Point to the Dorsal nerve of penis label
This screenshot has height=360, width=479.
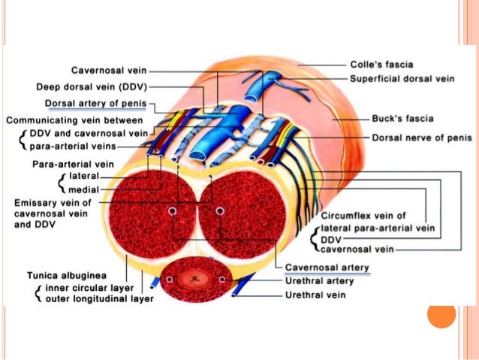[x=415, y=138]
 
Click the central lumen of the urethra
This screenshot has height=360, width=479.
[x=197, y=279]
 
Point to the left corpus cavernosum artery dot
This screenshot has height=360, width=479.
[x=172, y=211]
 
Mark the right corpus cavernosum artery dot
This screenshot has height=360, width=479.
[x=220, y=211]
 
